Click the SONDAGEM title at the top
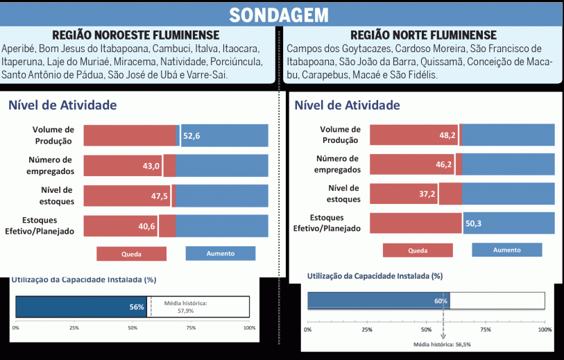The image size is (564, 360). pos(280,15)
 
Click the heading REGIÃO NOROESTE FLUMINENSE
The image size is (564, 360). pos(136,35)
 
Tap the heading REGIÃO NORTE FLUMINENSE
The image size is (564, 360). pos(423,35)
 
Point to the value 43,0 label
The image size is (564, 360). pos(151,166)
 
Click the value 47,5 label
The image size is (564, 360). pos(160,196)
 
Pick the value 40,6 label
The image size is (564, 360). pos(147,226)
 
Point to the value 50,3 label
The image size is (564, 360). pos(474,223)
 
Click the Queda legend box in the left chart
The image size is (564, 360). pos(131,254)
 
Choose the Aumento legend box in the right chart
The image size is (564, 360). pos(506,250)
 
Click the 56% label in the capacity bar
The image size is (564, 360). pos(136,307)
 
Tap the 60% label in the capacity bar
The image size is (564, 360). pos(441,301)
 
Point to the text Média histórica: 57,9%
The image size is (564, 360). pos(186,307)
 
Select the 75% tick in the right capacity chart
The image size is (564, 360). pos(486,329)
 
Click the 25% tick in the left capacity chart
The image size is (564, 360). pos(74,327)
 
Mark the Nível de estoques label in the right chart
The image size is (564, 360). pos(344,194)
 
